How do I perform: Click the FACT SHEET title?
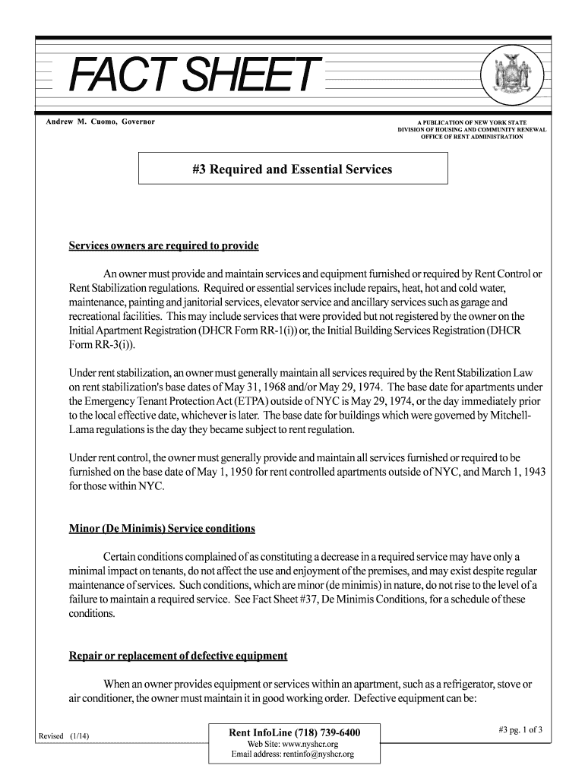191,76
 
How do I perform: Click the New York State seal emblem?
520,77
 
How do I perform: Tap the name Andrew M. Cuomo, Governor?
96,122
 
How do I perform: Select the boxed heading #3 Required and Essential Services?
292,169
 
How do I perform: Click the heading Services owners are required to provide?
164,246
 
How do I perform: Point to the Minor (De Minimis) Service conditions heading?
162,528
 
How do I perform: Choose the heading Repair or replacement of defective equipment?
178,656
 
